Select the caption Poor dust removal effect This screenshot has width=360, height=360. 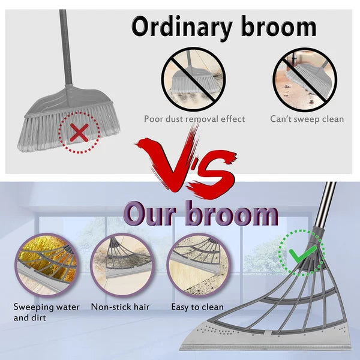pos(194,119)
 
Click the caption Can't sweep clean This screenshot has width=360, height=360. pos(307,119)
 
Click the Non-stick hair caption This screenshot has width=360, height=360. pos(120,307)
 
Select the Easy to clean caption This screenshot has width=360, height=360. pos(196,307)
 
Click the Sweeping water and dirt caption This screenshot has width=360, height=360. pos(47,312)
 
